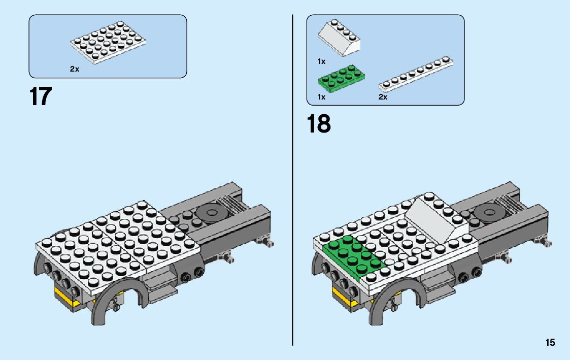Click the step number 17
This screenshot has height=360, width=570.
(x=41, y=96)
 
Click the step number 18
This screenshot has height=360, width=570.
(x=318, y=124)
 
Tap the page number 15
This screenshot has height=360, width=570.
(x=550, y=343)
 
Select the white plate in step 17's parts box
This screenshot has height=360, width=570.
(x=107, y=43)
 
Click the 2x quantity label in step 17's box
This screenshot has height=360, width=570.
(x=75, y=69)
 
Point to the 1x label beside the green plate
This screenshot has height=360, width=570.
(x=321, y=96)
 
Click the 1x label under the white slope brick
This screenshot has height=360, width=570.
(x=321, y=61)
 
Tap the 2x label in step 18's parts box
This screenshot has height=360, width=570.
(x=383, y=96)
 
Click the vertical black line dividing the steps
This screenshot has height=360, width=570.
(x=293, y=203)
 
